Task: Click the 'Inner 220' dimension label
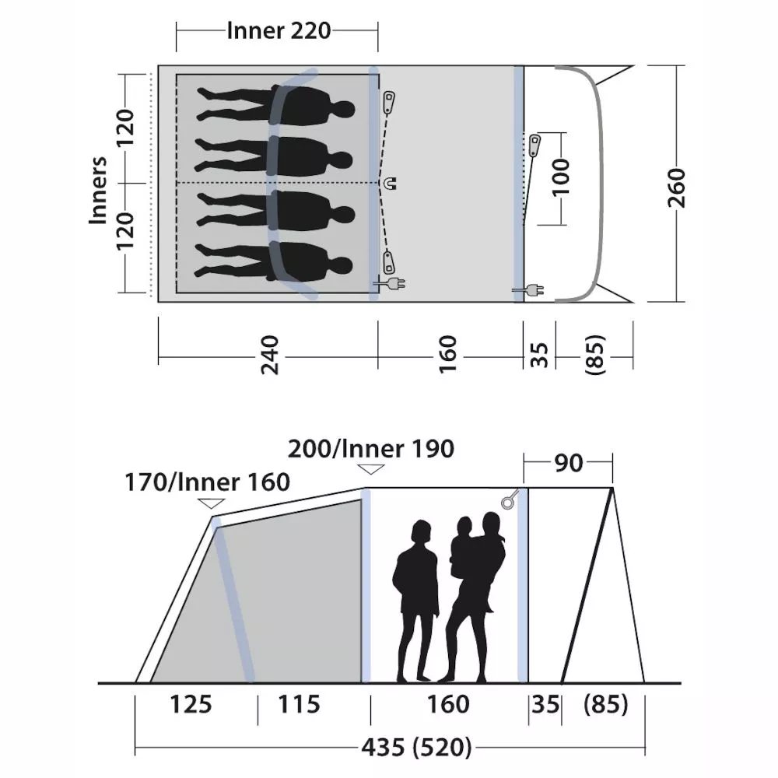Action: tap(279, 31)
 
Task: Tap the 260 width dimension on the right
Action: tap(676, 187)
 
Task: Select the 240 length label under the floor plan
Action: tap(270, 355)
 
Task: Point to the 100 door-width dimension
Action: tap(561, 177)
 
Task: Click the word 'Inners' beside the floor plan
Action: tap(98, 190)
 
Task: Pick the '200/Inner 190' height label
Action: tap(370, 449)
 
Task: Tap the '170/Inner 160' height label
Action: tap(207, 482)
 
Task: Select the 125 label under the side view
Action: tap(191, 704)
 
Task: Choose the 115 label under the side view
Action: tap(299, 704)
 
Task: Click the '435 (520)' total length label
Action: tap(416, 747)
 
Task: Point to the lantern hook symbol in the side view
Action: tap(510, 499)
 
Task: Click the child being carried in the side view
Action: tap(462, 546)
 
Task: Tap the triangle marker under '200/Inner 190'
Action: tap(370, 469)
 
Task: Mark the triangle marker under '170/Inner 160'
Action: tap(211, 503)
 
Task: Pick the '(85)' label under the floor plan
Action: tap(595, 355)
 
